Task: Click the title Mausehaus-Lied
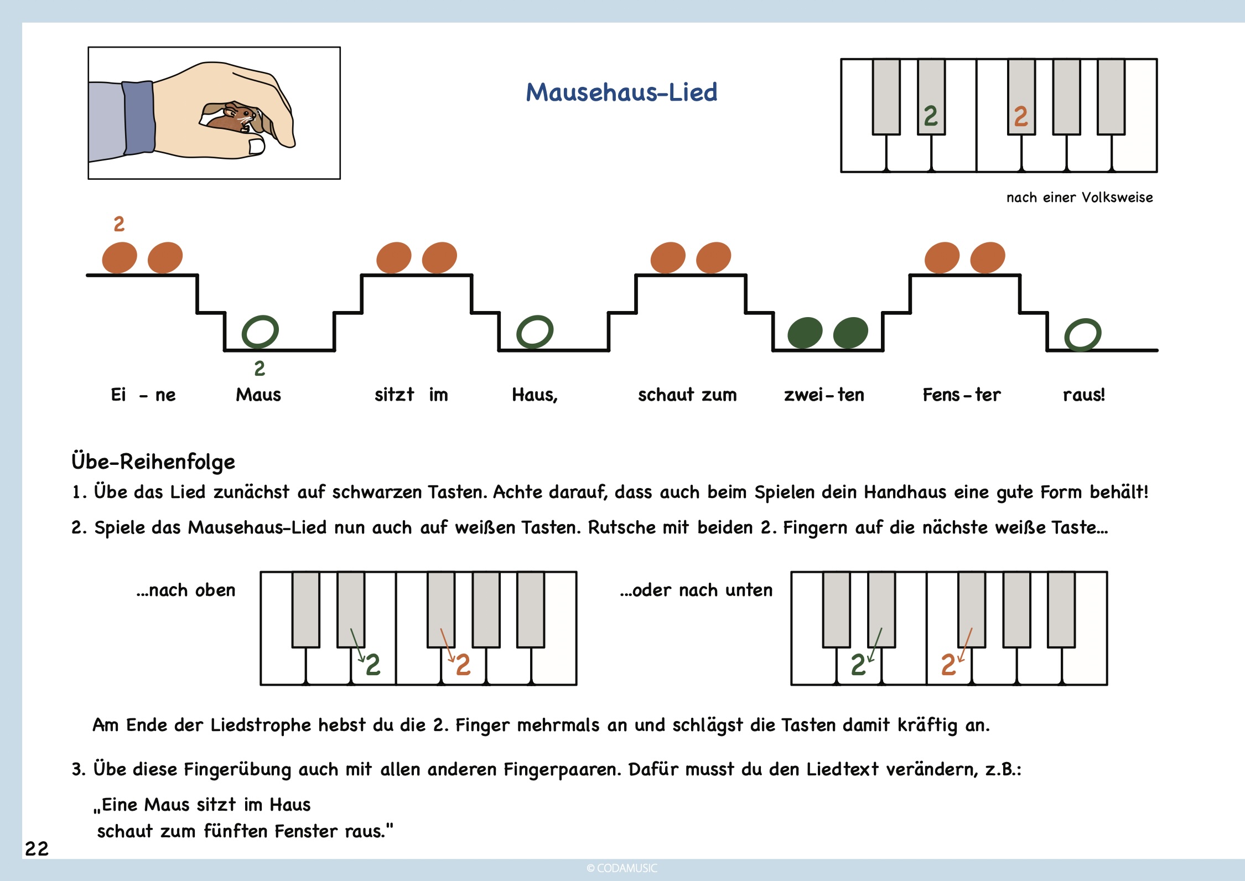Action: (621, 92)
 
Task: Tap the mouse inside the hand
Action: (232, 118)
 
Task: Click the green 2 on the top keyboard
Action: (931, 116)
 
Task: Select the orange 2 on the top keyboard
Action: (1021, 116)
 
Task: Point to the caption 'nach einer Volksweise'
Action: (1080, 198)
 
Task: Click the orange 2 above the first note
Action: (119, 224)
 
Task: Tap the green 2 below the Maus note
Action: (260, 369)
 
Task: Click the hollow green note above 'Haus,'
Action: (535, 331)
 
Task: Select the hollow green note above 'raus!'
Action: (1083, 335)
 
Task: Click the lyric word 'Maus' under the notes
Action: (258, 395)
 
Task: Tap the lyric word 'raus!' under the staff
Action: (1084, 395)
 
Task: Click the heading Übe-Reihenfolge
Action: (153, 462)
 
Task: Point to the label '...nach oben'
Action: (186, 590)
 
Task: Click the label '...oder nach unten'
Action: (696, 590)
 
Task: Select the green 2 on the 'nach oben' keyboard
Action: (373, 665)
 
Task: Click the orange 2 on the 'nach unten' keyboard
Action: (948, 665)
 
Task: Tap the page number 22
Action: (37, 849)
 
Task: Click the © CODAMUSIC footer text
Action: (622, 868)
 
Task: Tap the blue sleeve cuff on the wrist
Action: (139, 118)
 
